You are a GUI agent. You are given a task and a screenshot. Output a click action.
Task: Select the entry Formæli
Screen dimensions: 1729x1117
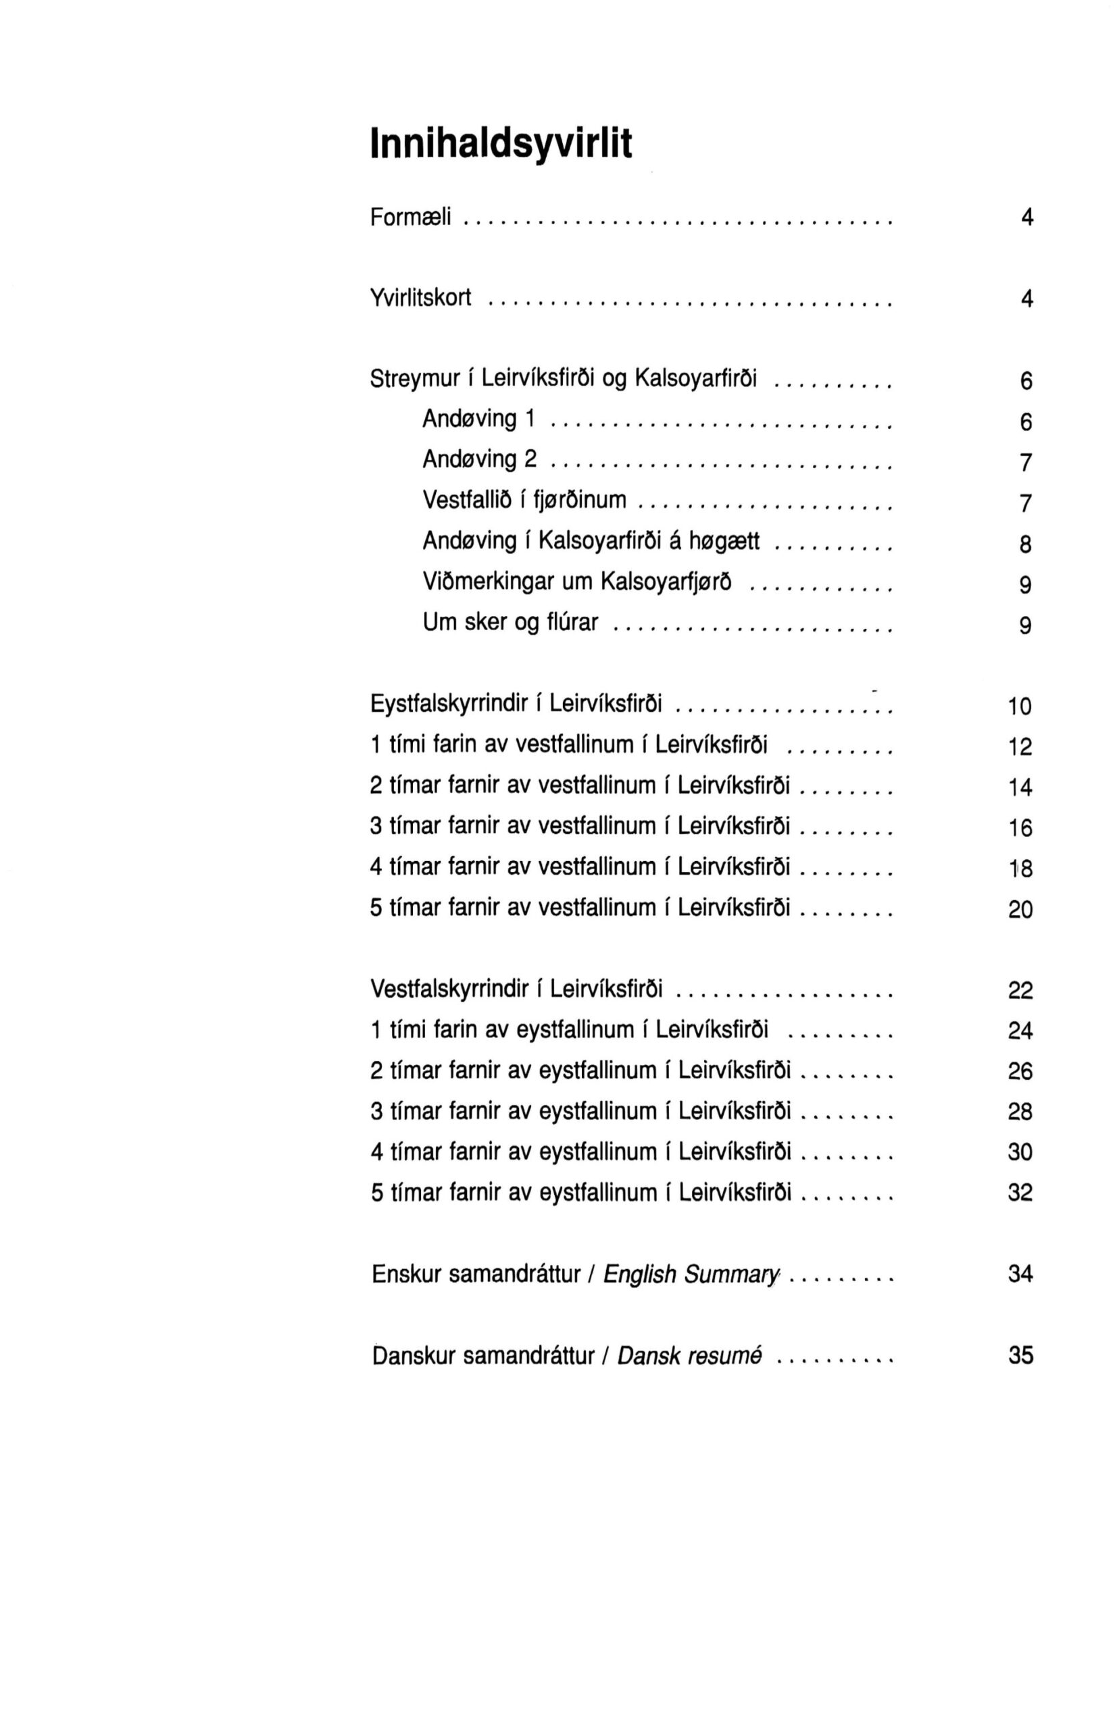pos(411,217)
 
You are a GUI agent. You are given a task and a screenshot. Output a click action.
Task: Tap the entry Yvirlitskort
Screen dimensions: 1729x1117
pos(421,297)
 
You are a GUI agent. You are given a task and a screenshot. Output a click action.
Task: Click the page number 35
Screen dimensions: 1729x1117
pos(1020,1356)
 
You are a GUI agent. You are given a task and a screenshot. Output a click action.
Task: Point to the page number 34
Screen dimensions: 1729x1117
pos(1020,1274)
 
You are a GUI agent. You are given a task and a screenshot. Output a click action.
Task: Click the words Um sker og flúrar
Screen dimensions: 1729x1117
pos(511,622)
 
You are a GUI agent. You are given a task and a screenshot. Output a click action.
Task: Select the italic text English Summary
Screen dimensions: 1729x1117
pos(691,1274)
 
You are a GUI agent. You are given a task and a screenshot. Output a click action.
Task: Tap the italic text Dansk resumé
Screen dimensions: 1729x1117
pos(689,1356)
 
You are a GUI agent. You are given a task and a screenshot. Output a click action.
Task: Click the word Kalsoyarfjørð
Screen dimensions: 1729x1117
pos(666,582)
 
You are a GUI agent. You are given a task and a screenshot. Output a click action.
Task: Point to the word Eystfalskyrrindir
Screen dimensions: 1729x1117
pos(448,703)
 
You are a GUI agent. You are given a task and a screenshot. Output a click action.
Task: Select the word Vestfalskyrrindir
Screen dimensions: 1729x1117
pos(449,988)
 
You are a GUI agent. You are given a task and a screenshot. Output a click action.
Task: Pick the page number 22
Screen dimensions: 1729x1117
pos(1020,990)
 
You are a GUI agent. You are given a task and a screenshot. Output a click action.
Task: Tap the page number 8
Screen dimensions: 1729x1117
pos(1025,544)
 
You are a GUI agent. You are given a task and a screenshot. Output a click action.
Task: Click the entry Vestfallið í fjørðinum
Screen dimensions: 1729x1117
pos(524,500)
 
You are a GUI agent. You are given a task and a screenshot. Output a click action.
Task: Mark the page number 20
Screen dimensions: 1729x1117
pos(1020,909)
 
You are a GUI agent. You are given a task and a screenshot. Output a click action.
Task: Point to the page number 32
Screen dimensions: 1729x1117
pos(1020,1193)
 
